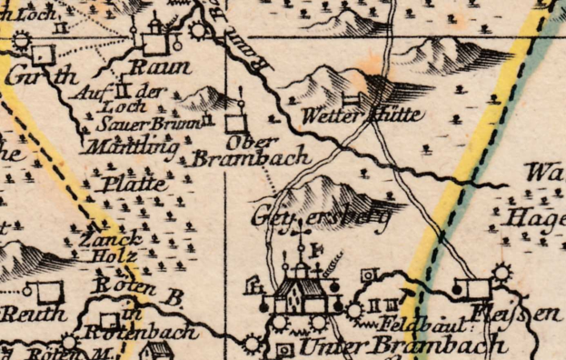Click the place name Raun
pos(161,67)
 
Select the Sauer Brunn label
pos(137,124)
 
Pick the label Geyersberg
pos(321,217)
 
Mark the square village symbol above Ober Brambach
pos(236,121)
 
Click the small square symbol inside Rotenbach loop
pos(109,322)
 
